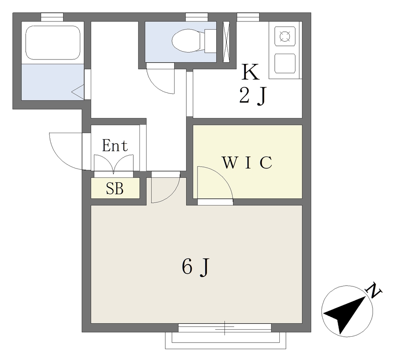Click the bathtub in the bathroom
point(53,42)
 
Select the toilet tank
point(210,41)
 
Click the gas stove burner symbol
point(285,36)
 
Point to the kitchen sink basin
point(285,63)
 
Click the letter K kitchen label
point(251,72)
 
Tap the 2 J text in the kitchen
point(252,96)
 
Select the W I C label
point(247,162)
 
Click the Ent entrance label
point(115,146)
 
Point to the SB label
point(115,189)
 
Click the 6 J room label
point(196,267)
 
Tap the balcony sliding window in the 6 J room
point(225,327)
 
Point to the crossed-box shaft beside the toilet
point(226,42)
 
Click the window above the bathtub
point(52,17)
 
